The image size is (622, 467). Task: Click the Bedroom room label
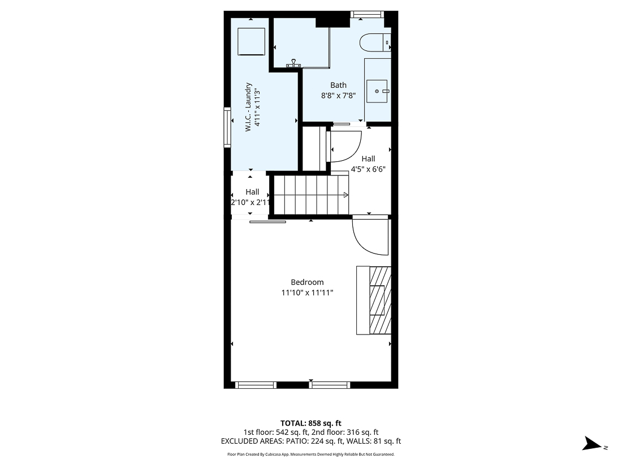click(x=307, y=282)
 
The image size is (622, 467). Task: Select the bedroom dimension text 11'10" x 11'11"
click(x=307, y=293)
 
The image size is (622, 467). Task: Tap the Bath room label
click(x=338, y=85)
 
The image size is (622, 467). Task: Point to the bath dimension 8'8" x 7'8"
click(x=338, y=96)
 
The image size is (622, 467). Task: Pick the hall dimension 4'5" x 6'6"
click(x=368, y=169)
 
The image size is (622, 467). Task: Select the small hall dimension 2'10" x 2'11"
click(x=252, y=202)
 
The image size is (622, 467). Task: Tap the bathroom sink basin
click(x=378, y=91)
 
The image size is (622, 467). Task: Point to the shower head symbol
click(x=293, y=64)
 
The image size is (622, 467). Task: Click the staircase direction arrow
click(x=345, y=195)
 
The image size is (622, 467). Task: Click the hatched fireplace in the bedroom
click(x=379, y=299)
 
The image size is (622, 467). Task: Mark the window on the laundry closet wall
click(x=227, y=127)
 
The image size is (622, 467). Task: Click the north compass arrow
click(x=593, y=443)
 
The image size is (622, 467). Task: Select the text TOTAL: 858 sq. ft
click(x=310, y=423)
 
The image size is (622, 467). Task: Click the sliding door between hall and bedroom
click(x=267, y=221)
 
